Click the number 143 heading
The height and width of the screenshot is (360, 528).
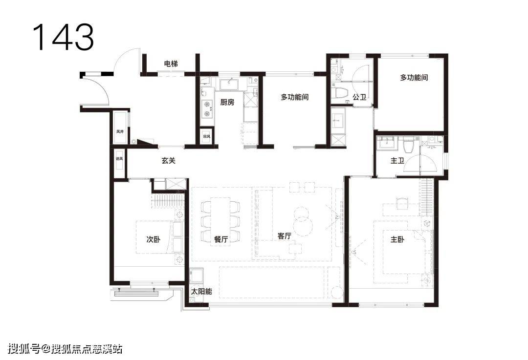63,37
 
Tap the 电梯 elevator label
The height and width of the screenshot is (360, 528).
171,64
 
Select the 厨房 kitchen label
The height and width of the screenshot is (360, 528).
227,102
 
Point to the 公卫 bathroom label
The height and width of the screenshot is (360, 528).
359,97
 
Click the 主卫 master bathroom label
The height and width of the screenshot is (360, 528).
397,161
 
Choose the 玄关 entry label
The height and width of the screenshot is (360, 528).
168,161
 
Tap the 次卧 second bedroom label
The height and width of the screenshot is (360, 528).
154,239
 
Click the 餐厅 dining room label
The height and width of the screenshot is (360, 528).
221,239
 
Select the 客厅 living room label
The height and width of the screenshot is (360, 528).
285,236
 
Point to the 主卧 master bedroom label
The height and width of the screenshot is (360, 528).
397,239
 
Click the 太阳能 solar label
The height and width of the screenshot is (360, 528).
201,291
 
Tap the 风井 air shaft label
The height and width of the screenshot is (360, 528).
120,131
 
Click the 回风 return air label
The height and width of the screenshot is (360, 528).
207,137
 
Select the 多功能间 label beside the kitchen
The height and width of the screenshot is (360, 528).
295,97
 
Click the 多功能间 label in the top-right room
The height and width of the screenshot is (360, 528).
414,77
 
